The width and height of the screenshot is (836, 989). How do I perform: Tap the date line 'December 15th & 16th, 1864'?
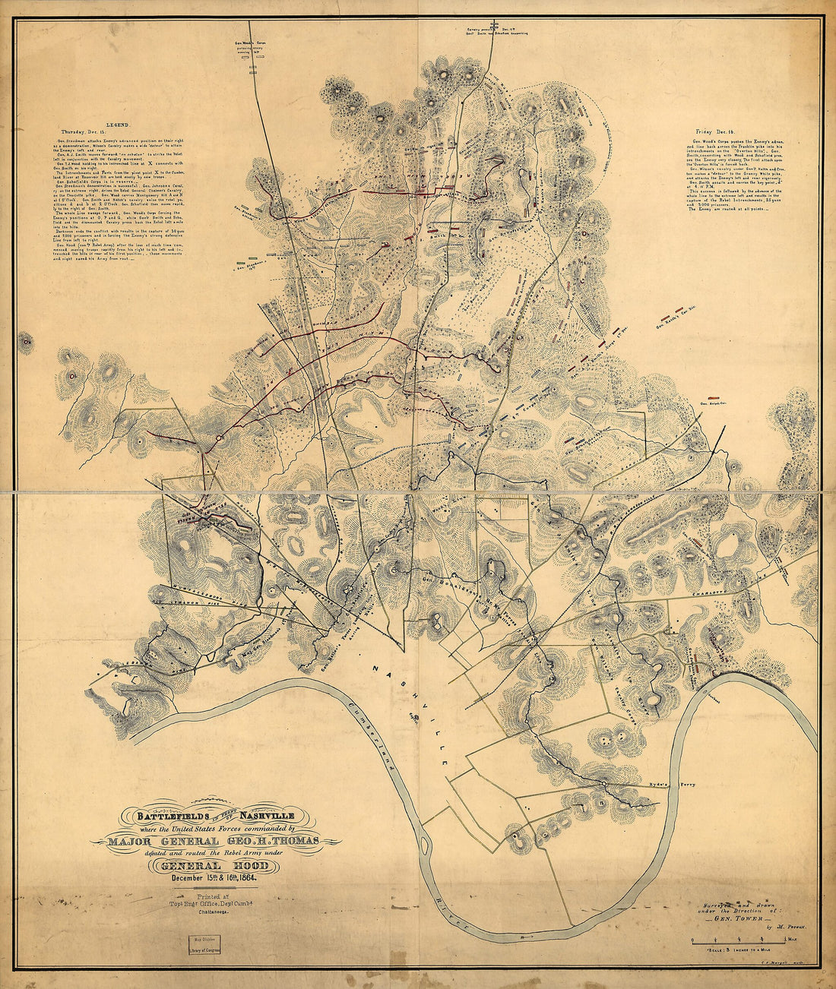(215, 879)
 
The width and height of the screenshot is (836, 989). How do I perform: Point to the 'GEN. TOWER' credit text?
(738, 918)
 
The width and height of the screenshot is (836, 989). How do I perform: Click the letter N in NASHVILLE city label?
(375, 667)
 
